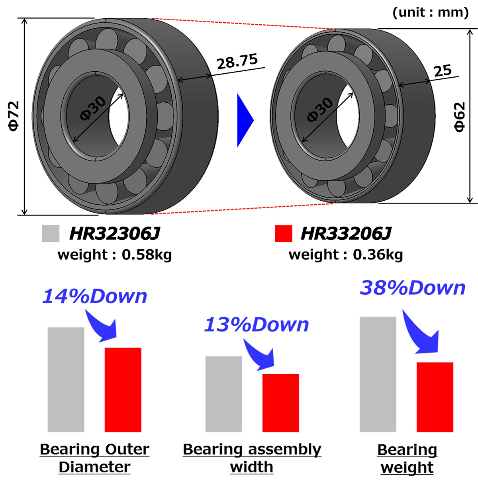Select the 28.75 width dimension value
coord(237,62)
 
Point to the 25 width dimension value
coord(443,71)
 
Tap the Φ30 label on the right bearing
coord(320,110)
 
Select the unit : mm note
coord(431,12)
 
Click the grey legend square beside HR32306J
coord(51,233)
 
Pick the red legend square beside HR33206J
coord(283,233)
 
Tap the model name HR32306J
coord(115,234)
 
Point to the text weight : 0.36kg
coord(346,254)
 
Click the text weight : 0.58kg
coord(115,254)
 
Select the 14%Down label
coord(95,296)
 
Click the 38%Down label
coord(413,288)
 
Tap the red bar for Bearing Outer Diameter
coord(123,389)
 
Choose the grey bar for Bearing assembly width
coord(223,394)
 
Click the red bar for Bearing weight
coord(435,397)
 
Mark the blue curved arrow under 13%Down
coord(260,353)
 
